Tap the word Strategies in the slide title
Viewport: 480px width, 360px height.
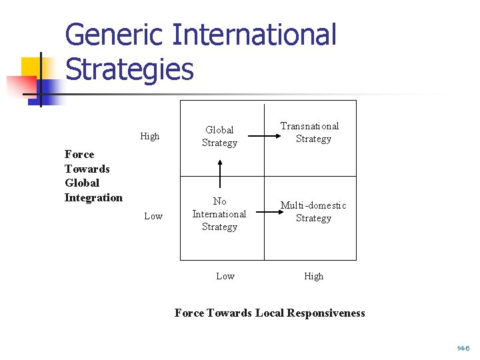pyautogui.click(x=129, y=69)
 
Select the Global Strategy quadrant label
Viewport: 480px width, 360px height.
pyautogui.click(x=219, y=136)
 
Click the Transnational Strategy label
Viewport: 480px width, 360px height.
pyautogui.click(x=310, y=132)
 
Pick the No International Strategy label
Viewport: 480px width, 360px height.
pyautogui.click(x=219, y=214)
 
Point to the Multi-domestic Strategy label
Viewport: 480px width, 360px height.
pyautogui.click(x=313, y=211)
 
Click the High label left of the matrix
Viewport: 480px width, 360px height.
pyautogui.click(x=150, y=137)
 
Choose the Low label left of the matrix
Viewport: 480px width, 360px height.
pyautogui.click(x=153, y=216)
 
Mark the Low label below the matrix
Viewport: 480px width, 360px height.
pyautogui.click(x=225, y=276)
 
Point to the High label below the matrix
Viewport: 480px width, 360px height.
pyautogui.click(x=314, y=276)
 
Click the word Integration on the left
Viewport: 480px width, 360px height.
pyautogui.click(x=93, y=197)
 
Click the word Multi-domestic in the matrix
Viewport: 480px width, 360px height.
pyautogui.click(x=313, y=205)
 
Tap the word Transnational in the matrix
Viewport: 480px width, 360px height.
pyautogui.click(x=310, y=126)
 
